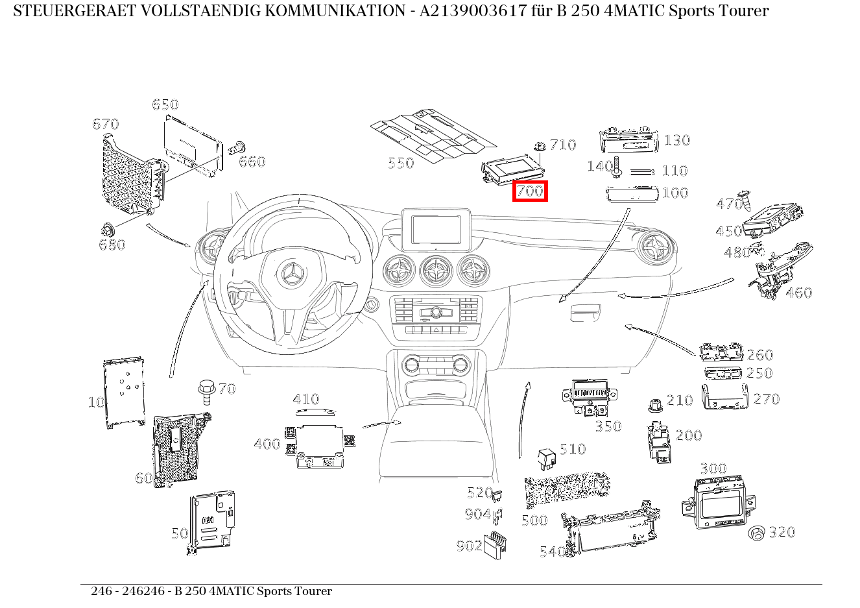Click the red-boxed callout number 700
pyautogui.click(x=530, y=191)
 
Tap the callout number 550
pyautogui.click(x=400, y=163)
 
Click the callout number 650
pyautogui.click(x=165, y=104)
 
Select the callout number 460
pyautogui.click(x=798, y=293)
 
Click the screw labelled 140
pyautogui.click(x=617, y=167)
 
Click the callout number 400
pyautogui.click(x=267, y=444)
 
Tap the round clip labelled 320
pyautogui.click(x=756, y=533)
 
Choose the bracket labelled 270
pyautogui.click(x=724, y=397)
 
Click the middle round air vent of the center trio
pyautogui.click(x=435, y=270)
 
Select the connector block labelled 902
pyautogui.click(x=496, y=544)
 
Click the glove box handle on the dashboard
pyautogui.click(x=585, y=313)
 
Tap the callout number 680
pyautogui.click(x=112, y=245)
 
